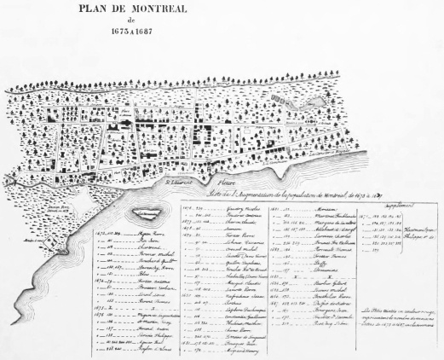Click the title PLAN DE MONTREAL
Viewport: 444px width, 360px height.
pos(222,11)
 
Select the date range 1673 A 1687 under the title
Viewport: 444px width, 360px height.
pos(222,38)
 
